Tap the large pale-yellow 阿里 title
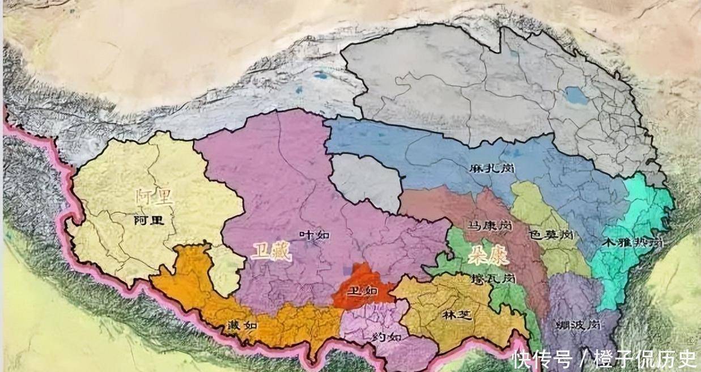154,197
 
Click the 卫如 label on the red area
362,290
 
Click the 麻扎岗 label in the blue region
491,168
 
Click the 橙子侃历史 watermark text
644,358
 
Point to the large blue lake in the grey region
577,95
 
